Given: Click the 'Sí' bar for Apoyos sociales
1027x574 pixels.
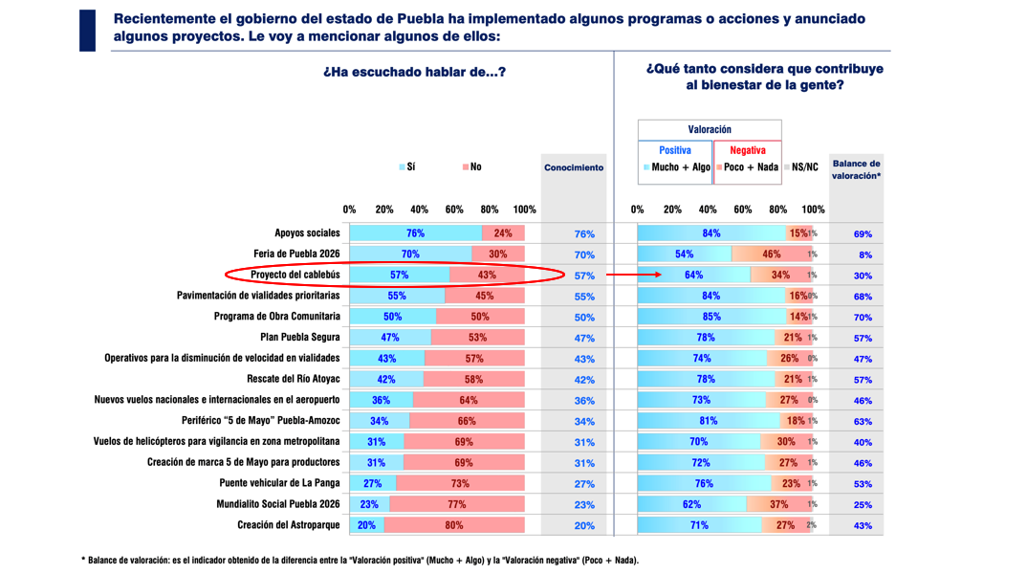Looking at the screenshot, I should tap(415, 233).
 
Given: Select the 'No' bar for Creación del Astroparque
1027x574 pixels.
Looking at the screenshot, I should tap(453, 525).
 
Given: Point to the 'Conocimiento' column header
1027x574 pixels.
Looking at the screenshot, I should tap(574, 167).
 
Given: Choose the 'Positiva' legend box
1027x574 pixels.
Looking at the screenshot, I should tap(675, 150).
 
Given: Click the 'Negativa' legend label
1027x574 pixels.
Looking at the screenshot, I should tap(748, 150).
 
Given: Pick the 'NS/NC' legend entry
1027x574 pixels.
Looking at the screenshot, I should tap(801, 167).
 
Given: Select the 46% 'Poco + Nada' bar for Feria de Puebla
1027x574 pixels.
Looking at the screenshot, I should tap(770, 254).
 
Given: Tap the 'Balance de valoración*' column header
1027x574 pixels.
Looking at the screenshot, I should tap(856, 169).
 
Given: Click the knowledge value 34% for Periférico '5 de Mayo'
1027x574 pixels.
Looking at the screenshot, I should tap(584, 421).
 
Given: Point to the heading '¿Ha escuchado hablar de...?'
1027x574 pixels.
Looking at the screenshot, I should tap(414, 73).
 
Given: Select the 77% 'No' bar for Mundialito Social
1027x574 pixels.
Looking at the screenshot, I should tap(456, 504).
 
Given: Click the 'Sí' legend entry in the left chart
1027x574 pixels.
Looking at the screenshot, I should tap(407, 167).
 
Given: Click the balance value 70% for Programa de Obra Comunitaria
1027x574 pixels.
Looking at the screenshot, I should tap(863, 317).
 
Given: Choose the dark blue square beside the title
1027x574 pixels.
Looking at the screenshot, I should tap(87, 30).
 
